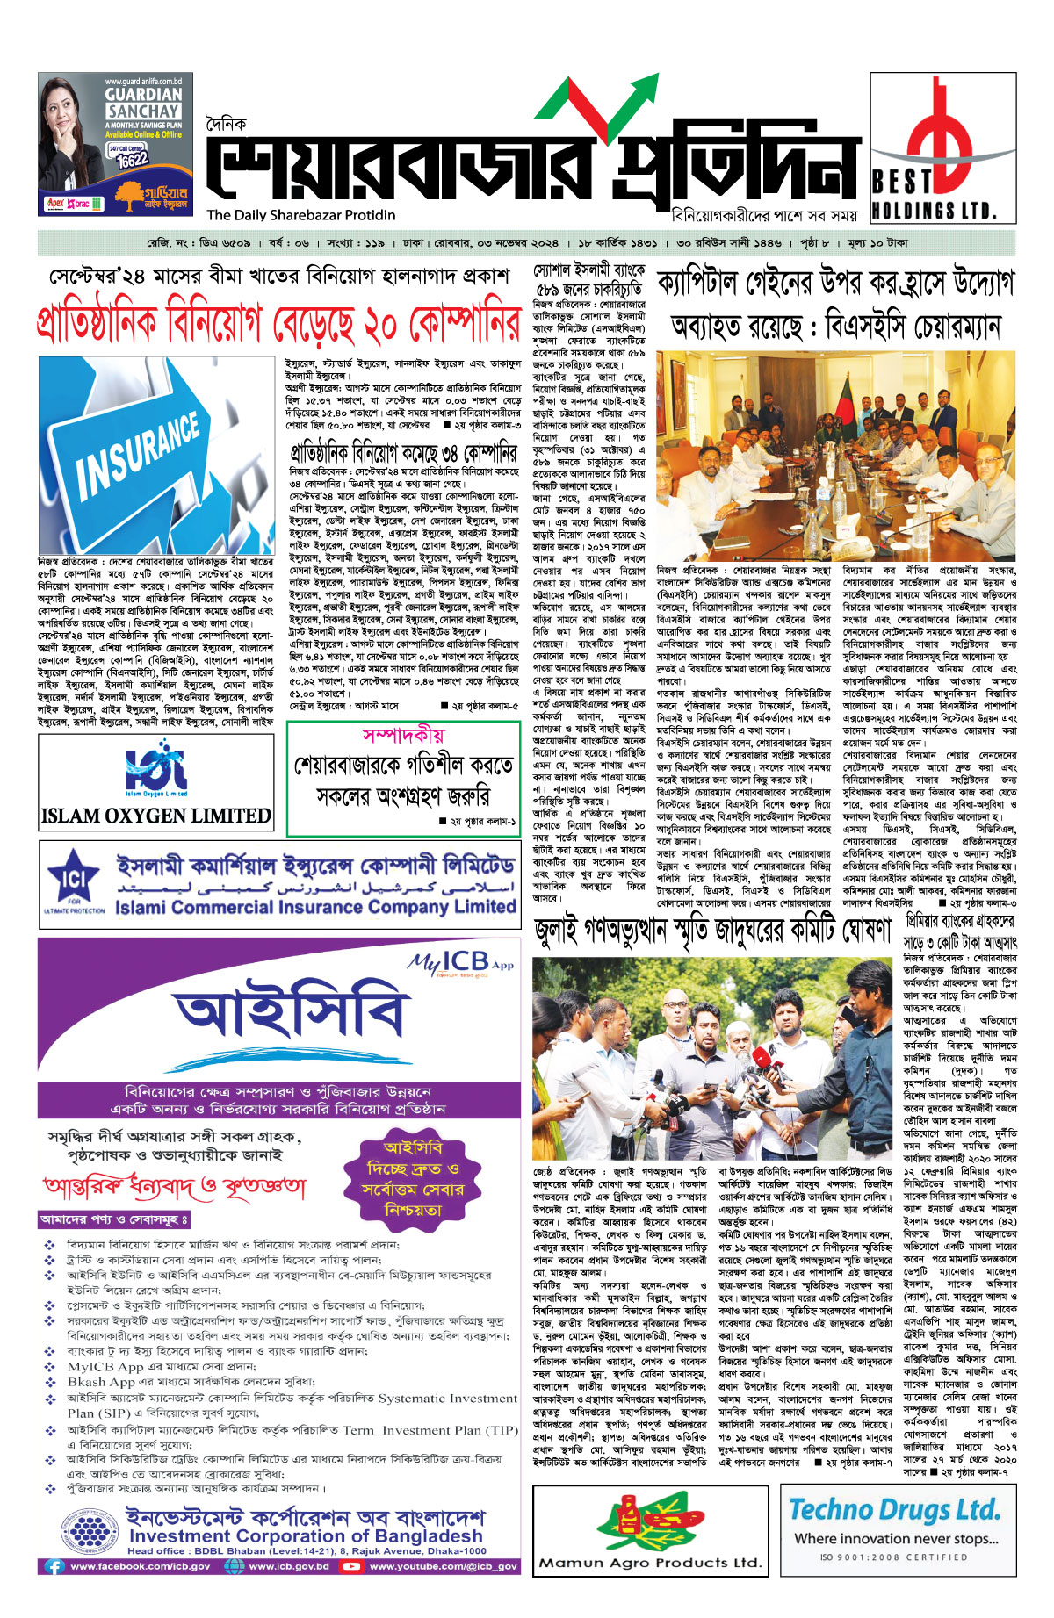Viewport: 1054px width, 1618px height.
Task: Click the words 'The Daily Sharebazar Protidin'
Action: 301,215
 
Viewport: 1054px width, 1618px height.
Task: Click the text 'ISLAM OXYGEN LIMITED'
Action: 156,816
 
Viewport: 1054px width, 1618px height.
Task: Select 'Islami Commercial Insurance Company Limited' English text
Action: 315,907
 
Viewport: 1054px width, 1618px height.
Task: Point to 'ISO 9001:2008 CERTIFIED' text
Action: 894,1557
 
